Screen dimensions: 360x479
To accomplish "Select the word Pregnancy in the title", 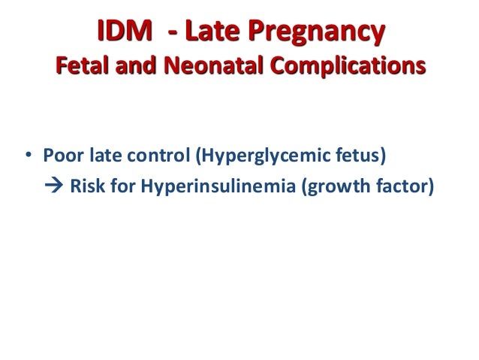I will point(312,33).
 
